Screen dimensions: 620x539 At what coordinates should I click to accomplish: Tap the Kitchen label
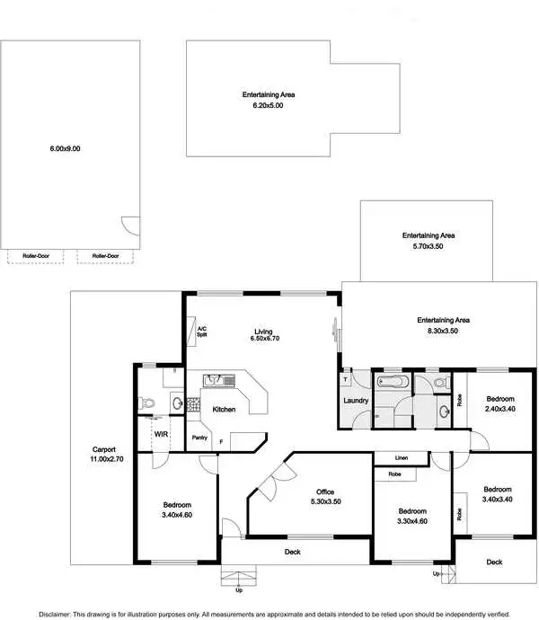point(224,409)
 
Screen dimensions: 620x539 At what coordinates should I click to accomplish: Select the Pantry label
point(199,438)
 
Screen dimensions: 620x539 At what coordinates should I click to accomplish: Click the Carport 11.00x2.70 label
point(104,455)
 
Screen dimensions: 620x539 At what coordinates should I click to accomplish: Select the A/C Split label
point(202,332)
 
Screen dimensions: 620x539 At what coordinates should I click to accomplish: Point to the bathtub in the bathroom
point(392,384)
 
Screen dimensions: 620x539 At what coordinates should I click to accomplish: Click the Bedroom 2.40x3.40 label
point(500,403)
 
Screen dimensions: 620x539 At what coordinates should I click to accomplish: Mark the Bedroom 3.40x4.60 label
point(176,509)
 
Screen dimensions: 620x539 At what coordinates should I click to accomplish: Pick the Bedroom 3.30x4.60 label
point(413,516)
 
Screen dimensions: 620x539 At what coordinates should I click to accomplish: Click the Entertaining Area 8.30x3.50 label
point(443,325)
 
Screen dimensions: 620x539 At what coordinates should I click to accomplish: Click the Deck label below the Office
point(293,552)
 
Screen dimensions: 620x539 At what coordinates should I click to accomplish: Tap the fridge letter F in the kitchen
point(221,441)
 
